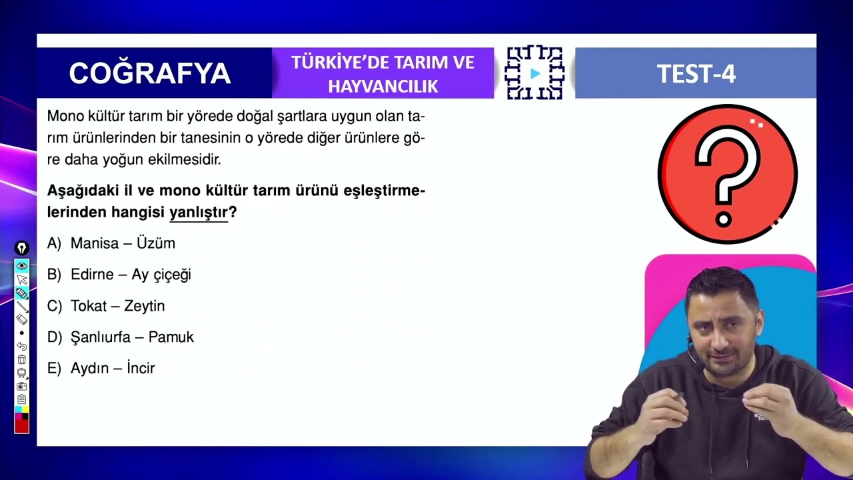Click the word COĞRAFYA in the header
tap(149, 73)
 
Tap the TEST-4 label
tap(696, 74)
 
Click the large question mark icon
tap(727, 174)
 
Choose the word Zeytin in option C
tap(145, 306)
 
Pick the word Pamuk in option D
tap(171, 337)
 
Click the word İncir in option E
tap(140, 368)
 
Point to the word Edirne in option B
tap(92, 275)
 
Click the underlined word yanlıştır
tap(199, 213)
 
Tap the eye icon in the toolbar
tap(22, 266)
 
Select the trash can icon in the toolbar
tap(22, 359)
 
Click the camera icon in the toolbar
tap(22, 386)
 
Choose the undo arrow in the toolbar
tap(22, 347)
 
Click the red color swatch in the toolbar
tap(22, 425)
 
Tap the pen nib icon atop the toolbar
tap(22, 249)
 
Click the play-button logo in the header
tap(535, 73)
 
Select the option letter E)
tap(54, 368)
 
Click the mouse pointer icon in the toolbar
tap(22, 279)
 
